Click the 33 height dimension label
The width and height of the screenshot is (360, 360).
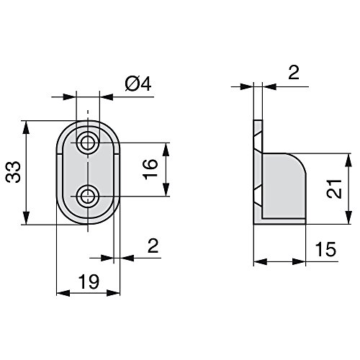pyautogui.click(x=14, y=173)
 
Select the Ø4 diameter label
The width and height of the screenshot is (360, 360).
pyautogui.click(x=137, y=85)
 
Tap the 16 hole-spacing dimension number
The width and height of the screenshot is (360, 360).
pyautogui.click(x=149, y=170)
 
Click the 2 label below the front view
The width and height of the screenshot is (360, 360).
pyautogui.click(x=153, y=246)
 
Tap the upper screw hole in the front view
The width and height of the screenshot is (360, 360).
pyautogui.click(x=89, y=142)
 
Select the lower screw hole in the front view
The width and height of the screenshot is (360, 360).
pyautogui.click(x=89, y=195)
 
